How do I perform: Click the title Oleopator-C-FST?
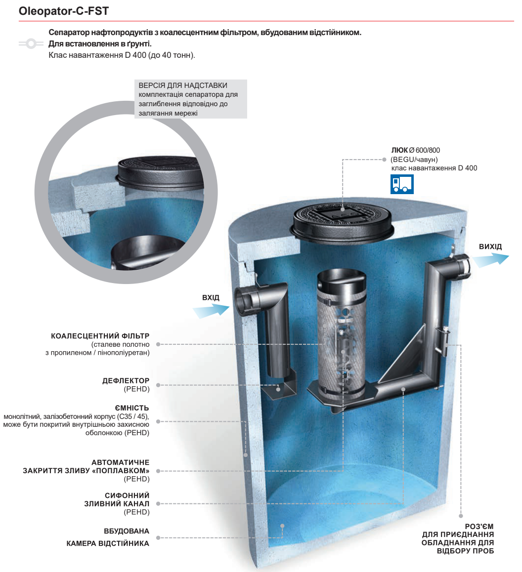pos(63,11)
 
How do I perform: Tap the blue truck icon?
pos(402,184)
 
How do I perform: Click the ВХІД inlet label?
pos(211,297)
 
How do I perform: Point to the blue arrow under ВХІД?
pos(211,311)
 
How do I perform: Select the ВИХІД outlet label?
pos(490,246)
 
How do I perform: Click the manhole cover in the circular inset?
pos(161,174)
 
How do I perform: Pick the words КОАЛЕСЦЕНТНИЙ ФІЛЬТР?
pos(100,335)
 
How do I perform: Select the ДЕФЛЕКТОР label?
pos(126,380)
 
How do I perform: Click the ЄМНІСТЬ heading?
pos(132,408)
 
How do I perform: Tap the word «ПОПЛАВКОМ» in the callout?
pos(121,471)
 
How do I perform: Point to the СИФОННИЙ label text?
pos(127,495)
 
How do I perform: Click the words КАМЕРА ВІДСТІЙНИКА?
pos(108,543)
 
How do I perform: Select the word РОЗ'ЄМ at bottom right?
pos(479,527)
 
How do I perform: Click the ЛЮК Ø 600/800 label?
pos(415,150)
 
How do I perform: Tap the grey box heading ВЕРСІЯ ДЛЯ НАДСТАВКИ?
pos(183,85)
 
